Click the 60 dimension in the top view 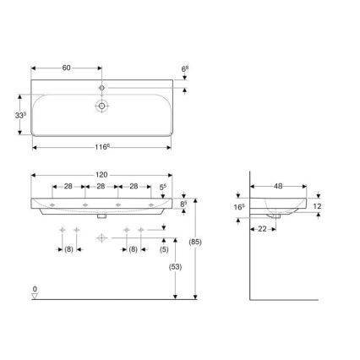click(x=67, y=63)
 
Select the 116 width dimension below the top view click(x=101, y=146)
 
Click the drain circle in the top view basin click(x=102, y=107)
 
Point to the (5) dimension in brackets click(x=165, y=250)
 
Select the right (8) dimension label click(x=133, y=250)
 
